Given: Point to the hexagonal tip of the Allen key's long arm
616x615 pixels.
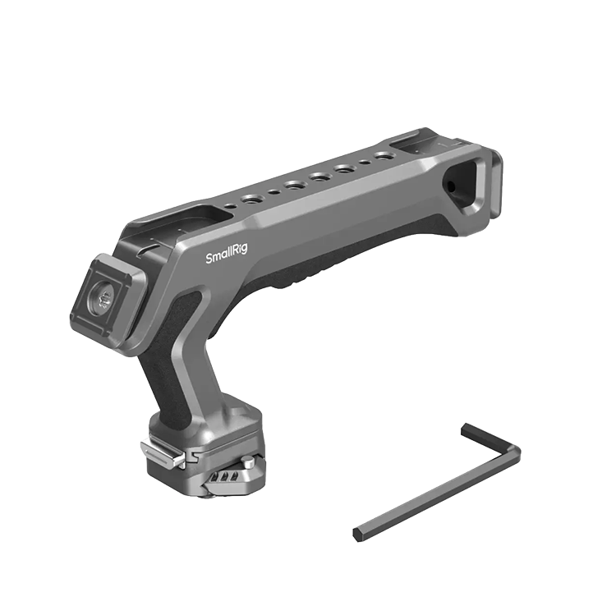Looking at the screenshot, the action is (x=357, y=535).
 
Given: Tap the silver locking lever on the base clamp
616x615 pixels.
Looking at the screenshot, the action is (x=163, y=454).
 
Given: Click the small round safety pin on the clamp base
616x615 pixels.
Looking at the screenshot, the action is (x=248, y=461).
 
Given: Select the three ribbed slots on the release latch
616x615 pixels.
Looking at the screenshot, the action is (x=225, y=478).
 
